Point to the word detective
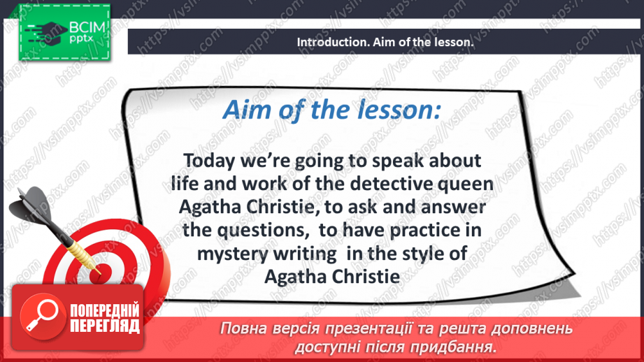378,184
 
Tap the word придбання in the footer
455,346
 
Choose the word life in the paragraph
184,184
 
